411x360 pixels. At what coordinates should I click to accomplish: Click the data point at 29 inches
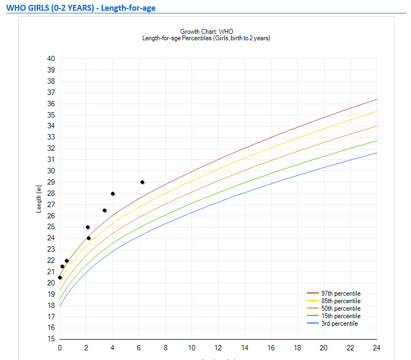coord(142,182)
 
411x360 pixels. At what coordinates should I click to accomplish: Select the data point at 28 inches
coord(113,194)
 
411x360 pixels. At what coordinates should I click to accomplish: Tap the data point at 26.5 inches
coord(105,210)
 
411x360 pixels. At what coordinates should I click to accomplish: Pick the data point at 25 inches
coord(88,227)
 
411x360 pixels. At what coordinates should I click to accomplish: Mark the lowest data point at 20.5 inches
coord(60,277)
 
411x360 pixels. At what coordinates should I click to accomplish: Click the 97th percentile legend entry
coord(340,293)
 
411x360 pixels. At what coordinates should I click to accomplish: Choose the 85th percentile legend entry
coord(340,301)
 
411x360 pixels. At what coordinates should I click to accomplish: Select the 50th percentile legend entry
coord(340,308)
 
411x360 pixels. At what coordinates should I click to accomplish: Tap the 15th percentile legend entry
coord(340,316)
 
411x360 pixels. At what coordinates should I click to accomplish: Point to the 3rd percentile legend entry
coord(339,324)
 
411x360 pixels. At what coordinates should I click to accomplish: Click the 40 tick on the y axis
coord(51,58)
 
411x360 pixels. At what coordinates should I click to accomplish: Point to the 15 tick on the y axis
coord(51,339)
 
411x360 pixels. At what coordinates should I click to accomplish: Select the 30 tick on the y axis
coord(51,171)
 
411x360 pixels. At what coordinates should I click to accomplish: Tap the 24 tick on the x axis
coord(377,348)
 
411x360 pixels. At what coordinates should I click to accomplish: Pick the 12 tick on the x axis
coord(218,348)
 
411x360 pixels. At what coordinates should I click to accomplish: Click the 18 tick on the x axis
coord(297,348)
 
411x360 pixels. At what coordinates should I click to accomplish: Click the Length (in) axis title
coord(39,199)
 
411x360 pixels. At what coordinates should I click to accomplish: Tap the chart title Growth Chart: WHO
coord(207,32)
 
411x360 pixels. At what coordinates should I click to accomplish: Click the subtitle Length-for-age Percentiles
coord(206,38)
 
